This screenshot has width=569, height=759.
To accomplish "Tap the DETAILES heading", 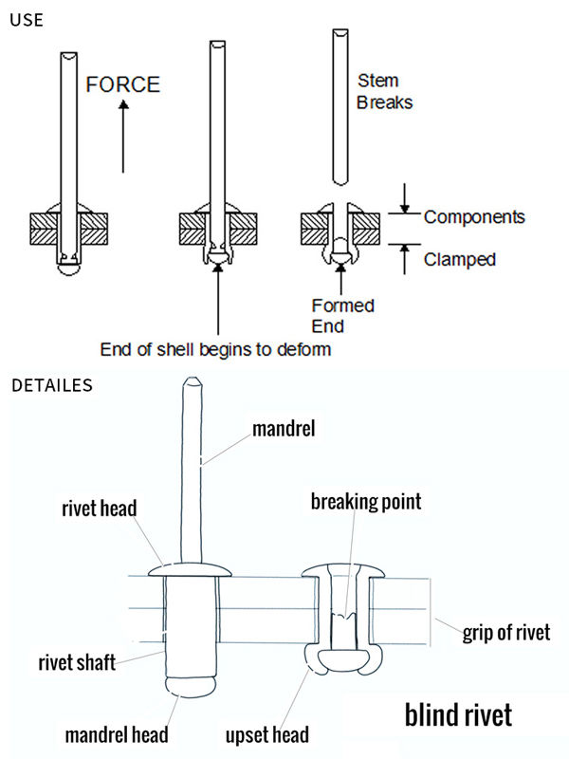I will click(x=51, y=385).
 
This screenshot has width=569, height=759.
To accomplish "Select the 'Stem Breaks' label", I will click(x=384, y=92).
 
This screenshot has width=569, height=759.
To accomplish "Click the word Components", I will click(x=473, y=216).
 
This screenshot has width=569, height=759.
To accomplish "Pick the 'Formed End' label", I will click(x=342, y=315).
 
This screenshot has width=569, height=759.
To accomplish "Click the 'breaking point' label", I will click(x=365, y=501).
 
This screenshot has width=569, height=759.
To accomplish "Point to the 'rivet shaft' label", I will click(x=79, y=663).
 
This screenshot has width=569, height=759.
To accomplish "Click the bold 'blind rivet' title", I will click(x=459, y=714).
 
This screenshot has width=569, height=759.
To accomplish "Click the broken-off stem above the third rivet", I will click(x=340, y=104).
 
